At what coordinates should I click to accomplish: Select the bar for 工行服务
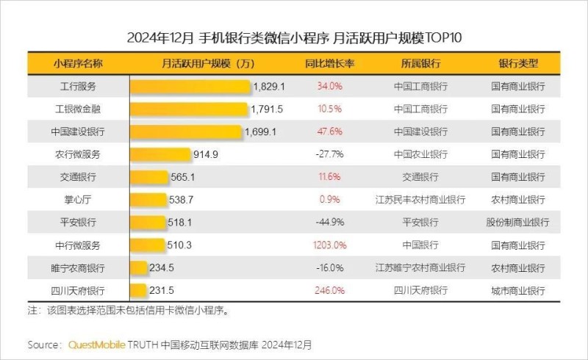(x=191, y=86)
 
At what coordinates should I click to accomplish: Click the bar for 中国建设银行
(x=187, y=132)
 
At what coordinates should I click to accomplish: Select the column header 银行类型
(x=518, y=63)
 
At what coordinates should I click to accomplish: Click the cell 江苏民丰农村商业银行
(x=420, y=199)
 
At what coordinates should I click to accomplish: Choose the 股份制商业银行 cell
(x=518, y=222)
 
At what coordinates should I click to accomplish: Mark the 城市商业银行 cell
(x=518, y=290)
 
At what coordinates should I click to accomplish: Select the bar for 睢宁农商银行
(x=139, y=267)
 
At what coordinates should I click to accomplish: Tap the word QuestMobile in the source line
(x=96, y=344)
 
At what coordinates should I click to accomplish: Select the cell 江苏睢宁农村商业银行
(x=420, y=267)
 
